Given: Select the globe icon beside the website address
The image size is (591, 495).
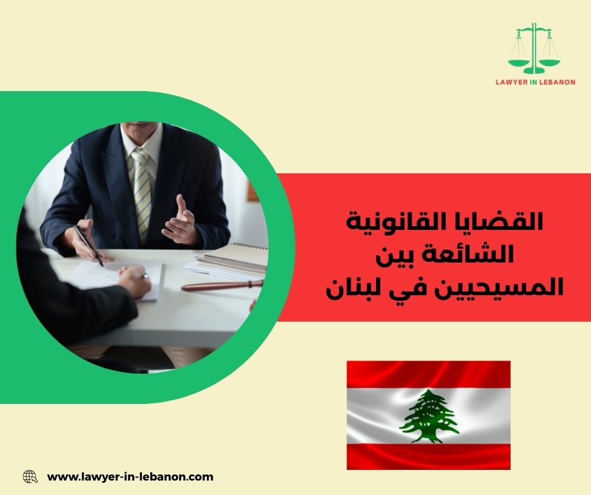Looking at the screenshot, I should point(30,477).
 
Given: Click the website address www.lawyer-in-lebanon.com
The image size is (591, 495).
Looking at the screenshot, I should point(130,477).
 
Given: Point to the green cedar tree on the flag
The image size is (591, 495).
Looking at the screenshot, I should point(429,415).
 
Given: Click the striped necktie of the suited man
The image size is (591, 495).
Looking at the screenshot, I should point(142,188).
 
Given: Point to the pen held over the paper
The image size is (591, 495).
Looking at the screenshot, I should point(87,244).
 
